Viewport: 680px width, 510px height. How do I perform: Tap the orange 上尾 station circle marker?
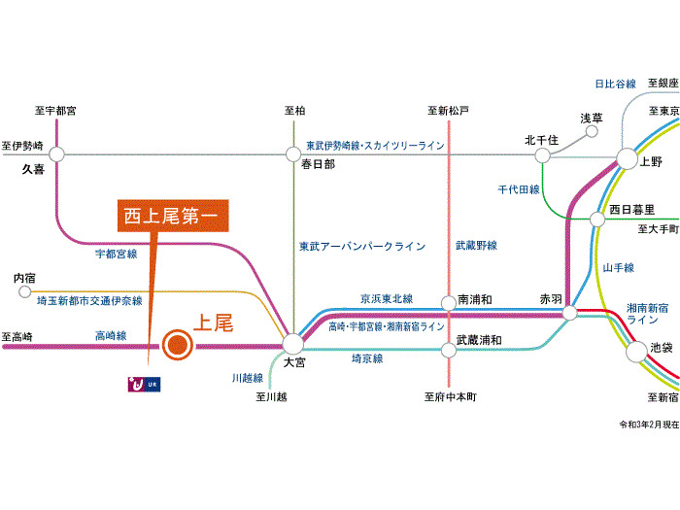coord(176,344)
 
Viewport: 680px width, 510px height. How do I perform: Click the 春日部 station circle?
coord(292,153)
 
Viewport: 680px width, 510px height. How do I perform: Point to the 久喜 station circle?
coord(56,153)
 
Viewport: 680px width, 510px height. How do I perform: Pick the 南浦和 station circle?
coord(448,302)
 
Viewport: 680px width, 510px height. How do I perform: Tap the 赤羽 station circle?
coord(570,313)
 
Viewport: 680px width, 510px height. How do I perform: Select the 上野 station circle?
coord(625,161)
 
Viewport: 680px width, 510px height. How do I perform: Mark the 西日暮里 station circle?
coord(597,219)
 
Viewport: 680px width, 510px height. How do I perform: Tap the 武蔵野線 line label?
coord(476,246)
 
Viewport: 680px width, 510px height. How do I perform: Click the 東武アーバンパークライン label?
coord(361,247)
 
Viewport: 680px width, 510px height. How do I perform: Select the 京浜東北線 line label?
coord(387,298)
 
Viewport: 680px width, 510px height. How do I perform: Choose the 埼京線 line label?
coord(366,358)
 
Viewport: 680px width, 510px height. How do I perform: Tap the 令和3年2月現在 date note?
coord(648,425)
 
